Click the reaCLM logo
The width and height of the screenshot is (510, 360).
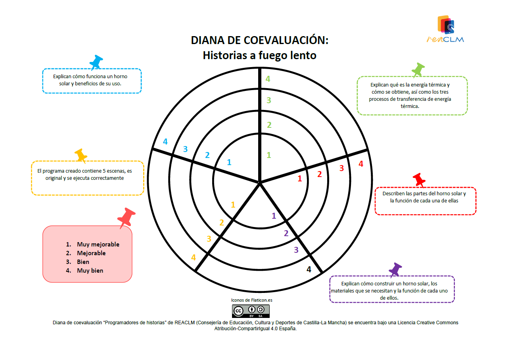pos(445,29)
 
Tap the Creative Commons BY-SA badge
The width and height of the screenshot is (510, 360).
pos(251,311)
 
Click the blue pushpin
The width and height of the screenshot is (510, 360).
pos(96,62)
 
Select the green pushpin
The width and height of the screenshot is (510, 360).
pos(418,70)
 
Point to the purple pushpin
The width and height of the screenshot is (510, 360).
pos(395,270)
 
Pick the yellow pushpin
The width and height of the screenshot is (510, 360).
pos(81,156)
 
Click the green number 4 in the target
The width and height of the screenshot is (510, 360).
pos(268,79)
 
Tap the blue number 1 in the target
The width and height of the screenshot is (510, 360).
pos(229,162)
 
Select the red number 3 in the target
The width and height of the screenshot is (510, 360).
pos(341,168)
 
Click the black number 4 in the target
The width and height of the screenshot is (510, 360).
pos(309,270)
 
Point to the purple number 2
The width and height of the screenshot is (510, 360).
pos(286,233)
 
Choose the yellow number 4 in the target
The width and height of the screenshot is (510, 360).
pos(194,258)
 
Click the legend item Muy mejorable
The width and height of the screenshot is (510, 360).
pos(98,244)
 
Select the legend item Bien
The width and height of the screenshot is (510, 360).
pos(83,262)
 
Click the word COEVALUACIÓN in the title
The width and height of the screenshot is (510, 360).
pos(286,40)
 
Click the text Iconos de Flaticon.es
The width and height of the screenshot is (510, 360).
pos(251,300)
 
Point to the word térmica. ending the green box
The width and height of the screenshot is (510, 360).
pos(410,106)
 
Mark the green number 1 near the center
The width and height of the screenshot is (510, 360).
pos(269,155)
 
